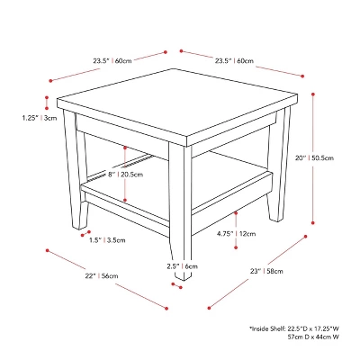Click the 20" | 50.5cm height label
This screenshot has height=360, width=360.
pos(314,157)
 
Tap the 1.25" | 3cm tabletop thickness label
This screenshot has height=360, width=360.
pos(40,118)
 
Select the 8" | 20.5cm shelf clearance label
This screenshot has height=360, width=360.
pos(126,175)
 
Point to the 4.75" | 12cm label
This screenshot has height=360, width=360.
pos(237,233)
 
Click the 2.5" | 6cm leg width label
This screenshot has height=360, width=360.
pos(183,266)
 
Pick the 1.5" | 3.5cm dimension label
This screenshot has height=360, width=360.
pos(107,240)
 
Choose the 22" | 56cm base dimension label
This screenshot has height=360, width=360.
pos(102,275)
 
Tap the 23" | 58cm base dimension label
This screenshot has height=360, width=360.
pos(266,271)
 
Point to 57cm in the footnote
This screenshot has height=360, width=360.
pos(294,337)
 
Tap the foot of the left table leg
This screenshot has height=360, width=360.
pos(79,226)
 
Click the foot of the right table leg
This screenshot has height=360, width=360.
pos(276,218)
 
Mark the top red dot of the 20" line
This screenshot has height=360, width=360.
pos(313,94)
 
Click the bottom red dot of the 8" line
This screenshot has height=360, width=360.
pos(125,200)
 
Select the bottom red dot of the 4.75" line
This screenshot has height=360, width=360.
pos(236,247)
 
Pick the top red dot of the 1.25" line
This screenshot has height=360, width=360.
pos(47,97)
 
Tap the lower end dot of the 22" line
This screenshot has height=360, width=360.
pos(166,308)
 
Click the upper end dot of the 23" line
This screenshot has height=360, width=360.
pos(306,237)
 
